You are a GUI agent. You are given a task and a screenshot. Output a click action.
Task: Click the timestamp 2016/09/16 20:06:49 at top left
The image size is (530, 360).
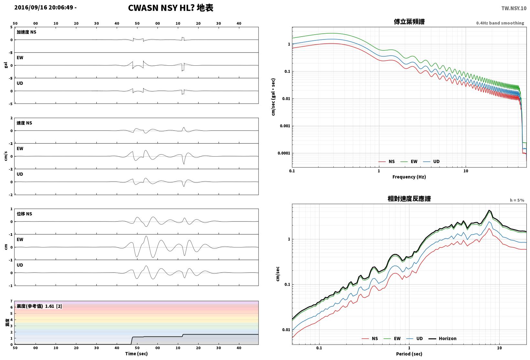(x=44, y=7)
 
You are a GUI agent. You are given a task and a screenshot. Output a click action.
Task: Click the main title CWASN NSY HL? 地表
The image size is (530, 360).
(x=171, y=8)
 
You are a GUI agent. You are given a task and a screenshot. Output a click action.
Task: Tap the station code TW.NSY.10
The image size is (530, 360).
(x=514, y=8)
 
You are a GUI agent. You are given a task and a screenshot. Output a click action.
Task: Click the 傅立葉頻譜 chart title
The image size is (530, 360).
(x=409, y=22)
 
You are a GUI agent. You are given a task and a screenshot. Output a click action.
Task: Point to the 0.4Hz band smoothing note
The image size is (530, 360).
(x=500, y=23)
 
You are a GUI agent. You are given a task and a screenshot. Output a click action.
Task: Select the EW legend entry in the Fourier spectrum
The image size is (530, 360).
(x=409, y=161)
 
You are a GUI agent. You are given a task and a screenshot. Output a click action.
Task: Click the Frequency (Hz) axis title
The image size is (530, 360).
(x=409, y=177)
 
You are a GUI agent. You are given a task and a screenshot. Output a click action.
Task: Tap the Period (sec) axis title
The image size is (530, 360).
(x=409, y=354)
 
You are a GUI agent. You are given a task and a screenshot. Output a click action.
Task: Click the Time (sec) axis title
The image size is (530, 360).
(x=136, y=354)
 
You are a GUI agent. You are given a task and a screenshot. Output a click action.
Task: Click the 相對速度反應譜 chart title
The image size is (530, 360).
(x=409, y=199)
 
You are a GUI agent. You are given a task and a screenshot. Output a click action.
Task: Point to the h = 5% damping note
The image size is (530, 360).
(x=517, y=200)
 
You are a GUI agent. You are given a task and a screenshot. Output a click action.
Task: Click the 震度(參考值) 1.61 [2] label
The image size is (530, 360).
(x=39, y=306)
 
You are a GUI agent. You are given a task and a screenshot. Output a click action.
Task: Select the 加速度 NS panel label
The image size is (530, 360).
(x=27, y=32)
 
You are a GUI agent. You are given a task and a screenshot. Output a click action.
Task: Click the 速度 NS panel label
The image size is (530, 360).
(x=24, y=123)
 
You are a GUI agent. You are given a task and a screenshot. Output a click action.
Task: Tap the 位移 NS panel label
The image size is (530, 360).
(x=24, y=214)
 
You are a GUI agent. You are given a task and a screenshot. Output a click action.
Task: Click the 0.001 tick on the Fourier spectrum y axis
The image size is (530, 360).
(x=285, y=126)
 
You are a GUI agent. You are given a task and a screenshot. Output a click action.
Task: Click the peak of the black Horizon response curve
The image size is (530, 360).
(x=489, y=210)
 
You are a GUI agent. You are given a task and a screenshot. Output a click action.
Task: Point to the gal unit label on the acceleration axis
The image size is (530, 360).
(x=6, y=65)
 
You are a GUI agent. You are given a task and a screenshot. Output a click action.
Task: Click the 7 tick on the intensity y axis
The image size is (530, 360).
(x=11, y=301)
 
